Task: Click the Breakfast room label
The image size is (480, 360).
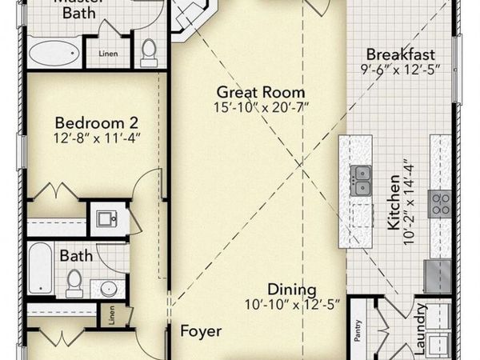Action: (x=400, y=54)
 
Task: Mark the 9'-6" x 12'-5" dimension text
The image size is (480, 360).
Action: (x=400, y=70)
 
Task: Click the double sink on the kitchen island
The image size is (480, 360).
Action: (x=361, y=181)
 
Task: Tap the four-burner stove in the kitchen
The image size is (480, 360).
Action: (x=439, y=202)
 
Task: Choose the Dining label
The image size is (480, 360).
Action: (x=292, y=290)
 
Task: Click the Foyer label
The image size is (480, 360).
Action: (x=200, y=330)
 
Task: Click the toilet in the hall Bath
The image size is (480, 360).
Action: (x=74, y=280)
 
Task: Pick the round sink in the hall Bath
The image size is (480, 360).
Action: (x=108, y=287)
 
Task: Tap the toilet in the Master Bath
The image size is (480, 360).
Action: (x=148, y=52)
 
